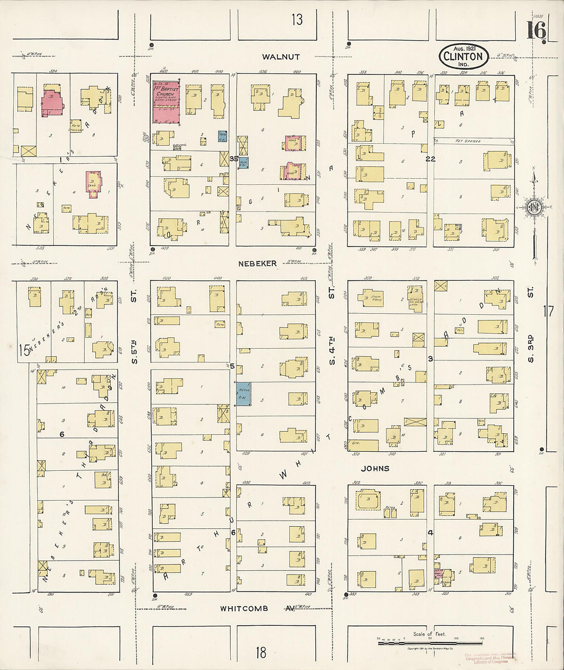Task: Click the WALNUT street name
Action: pos(280,56)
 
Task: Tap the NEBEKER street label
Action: pos(257,263)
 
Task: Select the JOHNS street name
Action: pos(375,468)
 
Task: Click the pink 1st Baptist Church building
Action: pos(166,101)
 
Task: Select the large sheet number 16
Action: pos(535,32)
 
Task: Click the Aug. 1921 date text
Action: pos(463,47)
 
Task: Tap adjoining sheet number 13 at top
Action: pos(297,20)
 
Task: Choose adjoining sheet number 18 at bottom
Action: pos(261,653)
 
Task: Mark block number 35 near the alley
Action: pos(233,159)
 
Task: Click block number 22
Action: pos(430,159)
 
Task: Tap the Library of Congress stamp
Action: pos(490,658)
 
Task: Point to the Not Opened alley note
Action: pos(468,141)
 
